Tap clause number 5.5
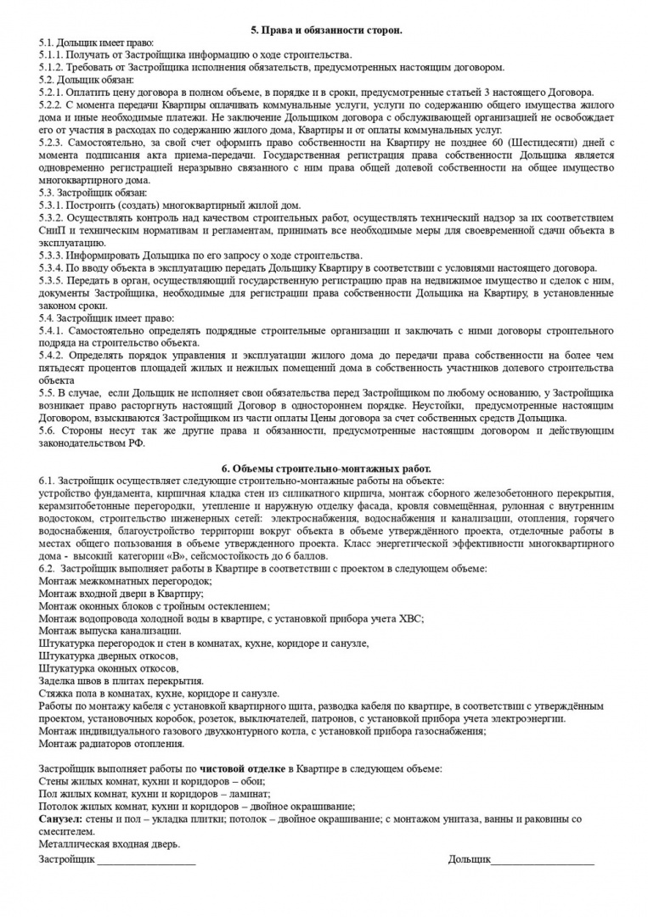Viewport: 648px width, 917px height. [x=48, y=394]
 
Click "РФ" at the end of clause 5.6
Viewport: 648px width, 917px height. [x=137, y=443]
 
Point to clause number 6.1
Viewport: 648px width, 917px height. [x=48, y=481]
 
